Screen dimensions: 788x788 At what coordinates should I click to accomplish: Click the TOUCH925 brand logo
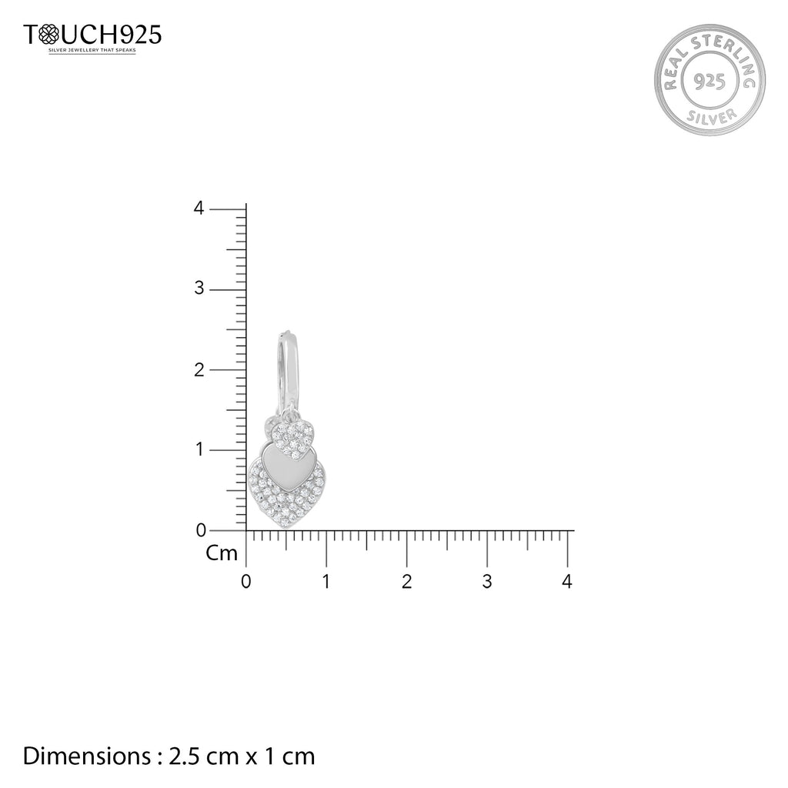tap(92, 35)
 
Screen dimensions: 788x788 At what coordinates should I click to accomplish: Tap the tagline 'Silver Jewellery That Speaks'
tap(92, 50)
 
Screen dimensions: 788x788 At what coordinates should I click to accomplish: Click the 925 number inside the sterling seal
tap(709, 81)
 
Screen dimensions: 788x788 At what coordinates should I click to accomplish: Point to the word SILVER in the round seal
tap(711, 118)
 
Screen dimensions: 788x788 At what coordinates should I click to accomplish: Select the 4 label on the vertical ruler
tap(199, 208)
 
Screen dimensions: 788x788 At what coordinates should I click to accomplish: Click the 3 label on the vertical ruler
tap(199, 288)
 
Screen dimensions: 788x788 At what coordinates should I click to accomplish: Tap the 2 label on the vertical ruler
tap(199, 369)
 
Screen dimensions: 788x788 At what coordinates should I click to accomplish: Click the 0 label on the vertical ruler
tap(201, 529)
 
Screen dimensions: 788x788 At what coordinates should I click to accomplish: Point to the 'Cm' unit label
tap(222, 553)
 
